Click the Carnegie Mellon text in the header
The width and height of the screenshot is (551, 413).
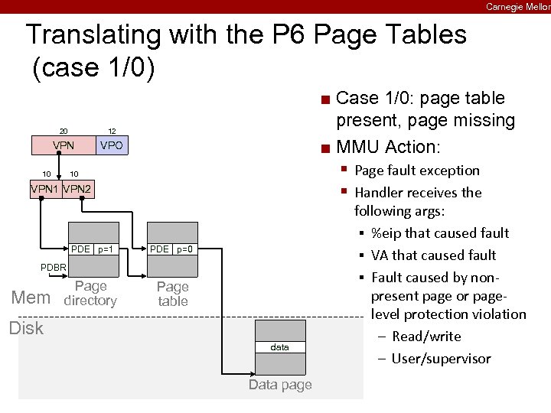pos(517,6)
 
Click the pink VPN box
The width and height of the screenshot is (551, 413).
pos(63,145)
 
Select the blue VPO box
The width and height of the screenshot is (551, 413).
pos(112,145)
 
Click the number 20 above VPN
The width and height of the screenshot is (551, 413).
pos(65,131)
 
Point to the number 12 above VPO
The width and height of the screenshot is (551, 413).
pos(112,131)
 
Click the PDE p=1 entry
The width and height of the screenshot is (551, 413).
pos(93,249)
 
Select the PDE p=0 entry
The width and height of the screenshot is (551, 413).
pos(172,249)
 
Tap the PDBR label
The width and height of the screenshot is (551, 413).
pos(54,267)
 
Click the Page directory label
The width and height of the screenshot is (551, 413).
pos(90,294)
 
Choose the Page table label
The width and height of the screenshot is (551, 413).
pos(172,294)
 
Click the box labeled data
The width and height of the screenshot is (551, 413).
pos(280,347)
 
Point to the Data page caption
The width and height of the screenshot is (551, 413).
pos(280,385)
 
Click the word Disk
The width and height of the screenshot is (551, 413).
pos(26,328)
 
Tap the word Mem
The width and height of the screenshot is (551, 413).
pos(31,298)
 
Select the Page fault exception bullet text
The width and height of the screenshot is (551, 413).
pos(417,171)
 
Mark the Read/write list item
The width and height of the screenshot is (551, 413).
pos(426,337)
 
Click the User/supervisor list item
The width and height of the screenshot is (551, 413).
pos(441,359)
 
